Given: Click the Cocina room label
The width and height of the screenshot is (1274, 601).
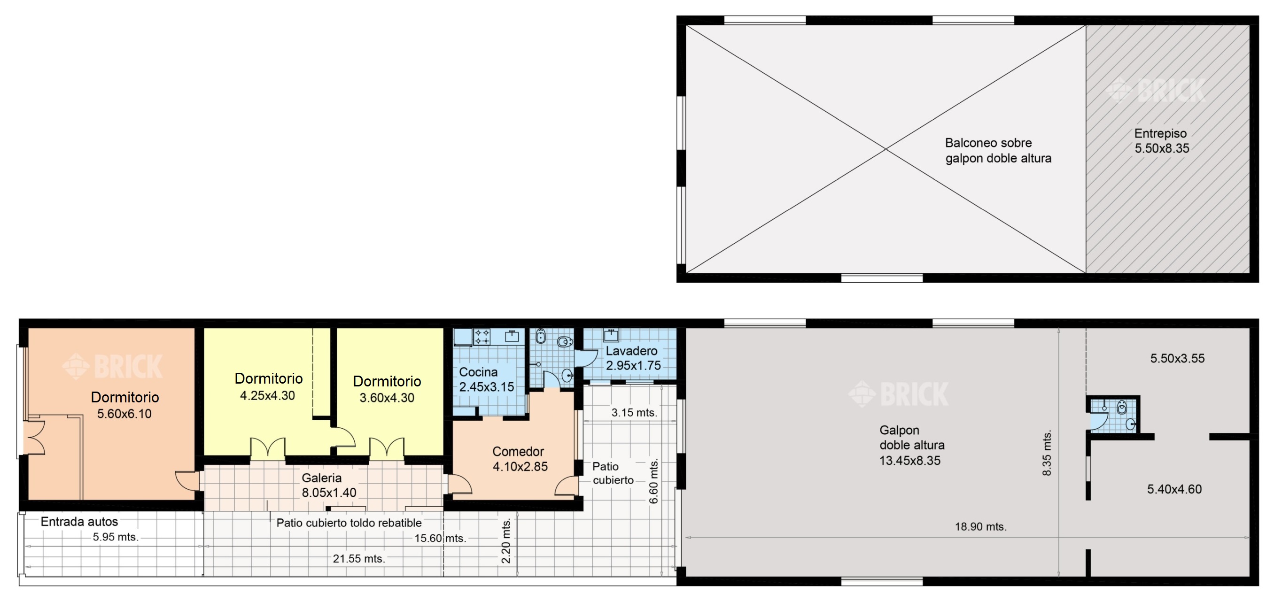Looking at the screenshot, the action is (478, 372).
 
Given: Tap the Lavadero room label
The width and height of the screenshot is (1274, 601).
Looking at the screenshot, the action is (631, 351).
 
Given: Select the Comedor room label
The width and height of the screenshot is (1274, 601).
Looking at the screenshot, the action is (518, 451).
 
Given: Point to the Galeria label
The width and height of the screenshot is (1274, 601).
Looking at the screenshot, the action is (321, 478).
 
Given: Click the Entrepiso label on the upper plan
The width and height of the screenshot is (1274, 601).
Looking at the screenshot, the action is (1160, 133).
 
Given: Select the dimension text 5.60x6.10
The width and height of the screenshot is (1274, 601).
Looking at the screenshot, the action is (124, 414).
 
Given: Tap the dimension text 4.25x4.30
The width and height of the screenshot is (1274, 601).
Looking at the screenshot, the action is (268, 396).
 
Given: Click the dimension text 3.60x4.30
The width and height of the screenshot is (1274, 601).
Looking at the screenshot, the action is (387, 398).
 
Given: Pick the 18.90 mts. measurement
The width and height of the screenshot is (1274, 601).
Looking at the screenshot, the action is (981, 527).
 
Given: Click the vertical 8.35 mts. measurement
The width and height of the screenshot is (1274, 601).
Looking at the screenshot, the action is (1047, 453).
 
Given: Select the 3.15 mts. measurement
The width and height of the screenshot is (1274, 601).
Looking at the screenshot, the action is (634, 413).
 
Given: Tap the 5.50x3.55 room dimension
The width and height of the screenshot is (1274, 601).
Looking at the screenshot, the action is (1177, 358).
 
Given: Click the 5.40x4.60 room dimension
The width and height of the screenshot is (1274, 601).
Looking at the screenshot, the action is (1174, 489).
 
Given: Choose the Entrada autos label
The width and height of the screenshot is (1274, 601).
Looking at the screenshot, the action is (79, 522).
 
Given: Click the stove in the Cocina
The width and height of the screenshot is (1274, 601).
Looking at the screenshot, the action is (482, 337).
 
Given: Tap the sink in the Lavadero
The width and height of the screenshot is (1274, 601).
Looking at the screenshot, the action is (611, 336).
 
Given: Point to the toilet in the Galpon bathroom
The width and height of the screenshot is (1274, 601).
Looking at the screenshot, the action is (1122, 408).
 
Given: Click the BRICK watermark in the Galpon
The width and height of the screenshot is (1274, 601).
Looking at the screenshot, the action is (898, 394).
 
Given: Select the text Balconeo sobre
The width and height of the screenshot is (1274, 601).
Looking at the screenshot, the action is (988, 143).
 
